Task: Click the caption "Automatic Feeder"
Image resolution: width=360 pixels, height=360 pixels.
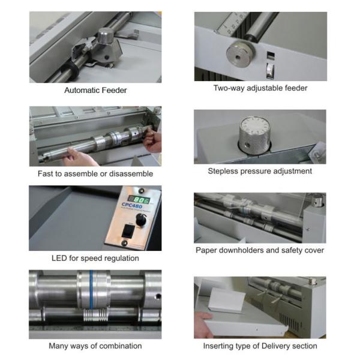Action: tap(95, 90)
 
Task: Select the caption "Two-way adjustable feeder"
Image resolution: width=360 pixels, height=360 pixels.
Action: tap(260, 88)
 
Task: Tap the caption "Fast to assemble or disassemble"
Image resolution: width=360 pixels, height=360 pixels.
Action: tap(95, 173)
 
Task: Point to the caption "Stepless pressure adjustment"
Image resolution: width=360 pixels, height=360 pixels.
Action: tap(260, 171)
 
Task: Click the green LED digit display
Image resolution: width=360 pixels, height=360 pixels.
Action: tap(139, 200)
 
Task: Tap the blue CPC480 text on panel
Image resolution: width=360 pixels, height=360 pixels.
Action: tap(132, 205)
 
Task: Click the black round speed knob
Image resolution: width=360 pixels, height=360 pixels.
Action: tap(141, 220)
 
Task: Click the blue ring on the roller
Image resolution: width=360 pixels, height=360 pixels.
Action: tap(91, 289)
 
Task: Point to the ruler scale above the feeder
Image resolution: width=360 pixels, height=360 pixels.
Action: tap(232, 23)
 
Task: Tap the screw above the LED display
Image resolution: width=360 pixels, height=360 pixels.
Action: tap(141, 190)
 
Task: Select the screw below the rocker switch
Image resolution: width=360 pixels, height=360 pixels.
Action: tap(124, 243)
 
